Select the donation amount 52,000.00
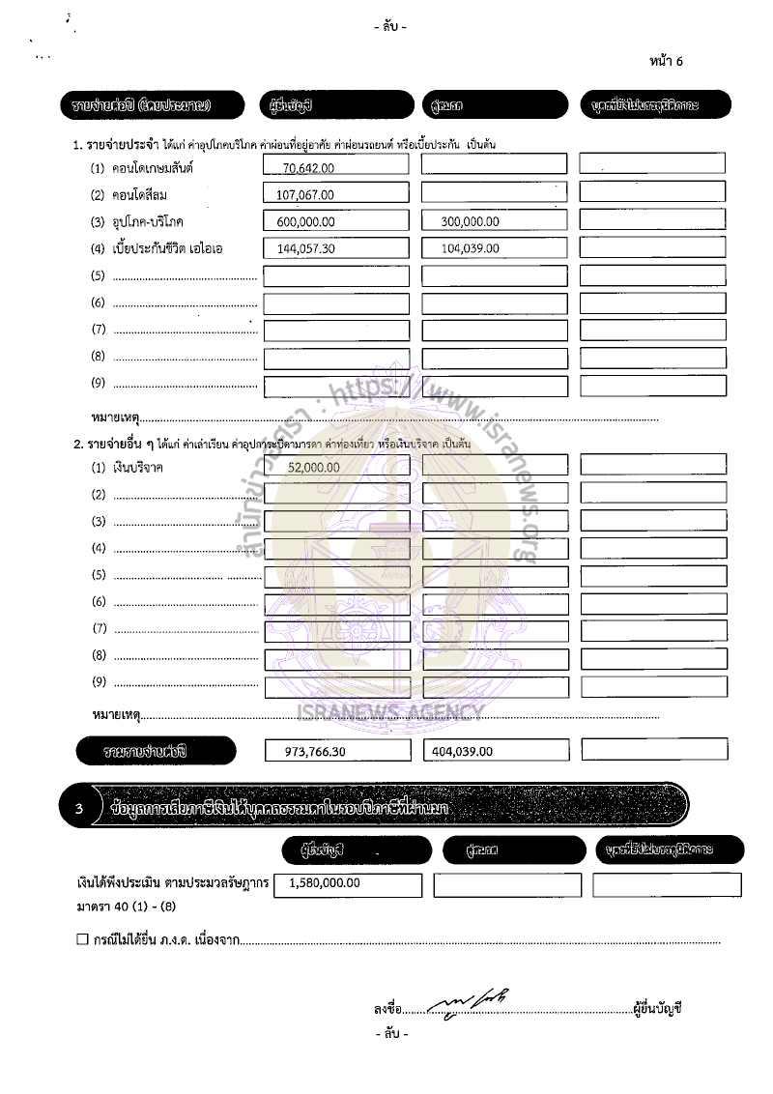(x=314, y=467)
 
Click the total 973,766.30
(x=319, y=751)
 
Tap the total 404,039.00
(x=462, y=751)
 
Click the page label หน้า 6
(x=667, y=61)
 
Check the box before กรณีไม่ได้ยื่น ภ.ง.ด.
(x=82, y=939)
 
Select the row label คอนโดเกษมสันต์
(x=154, y=168)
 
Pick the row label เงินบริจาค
(x=138, y=468)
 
